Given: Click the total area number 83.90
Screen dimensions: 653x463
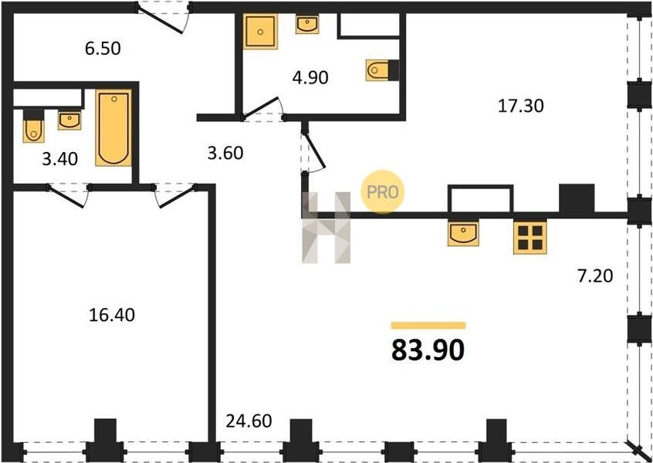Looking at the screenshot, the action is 428,350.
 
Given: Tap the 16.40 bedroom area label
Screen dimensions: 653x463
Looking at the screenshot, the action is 112,315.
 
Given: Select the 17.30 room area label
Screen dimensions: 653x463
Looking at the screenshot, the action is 520,106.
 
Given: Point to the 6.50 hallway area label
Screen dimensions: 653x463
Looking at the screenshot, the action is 103,49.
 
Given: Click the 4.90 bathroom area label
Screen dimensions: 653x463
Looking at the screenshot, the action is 310,77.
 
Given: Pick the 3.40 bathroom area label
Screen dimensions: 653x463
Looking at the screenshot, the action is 60,159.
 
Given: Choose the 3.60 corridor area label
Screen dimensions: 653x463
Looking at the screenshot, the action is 225,154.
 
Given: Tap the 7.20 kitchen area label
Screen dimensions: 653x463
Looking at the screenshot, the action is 594,276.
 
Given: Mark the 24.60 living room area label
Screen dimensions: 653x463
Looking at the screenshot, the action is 249,421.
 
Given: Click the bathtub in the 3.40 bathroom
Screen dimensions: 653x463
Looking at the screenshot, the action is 113,128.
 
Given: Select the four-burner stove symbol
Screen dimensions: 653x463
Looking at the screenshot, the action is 530,238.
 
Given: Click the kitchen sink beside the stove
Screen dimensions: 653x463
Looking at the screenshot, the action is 463,233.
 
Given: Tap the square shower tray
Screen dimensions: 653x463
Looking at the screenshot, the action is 260,32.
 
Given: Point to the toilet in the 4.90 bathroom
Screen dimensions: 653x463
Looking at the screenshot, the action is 382,70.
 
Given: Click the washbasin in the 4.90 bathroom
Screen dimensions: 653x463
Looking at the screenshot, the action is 307,24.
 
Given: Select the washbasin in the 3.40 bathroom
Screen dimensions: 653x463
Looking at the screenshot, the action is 69,120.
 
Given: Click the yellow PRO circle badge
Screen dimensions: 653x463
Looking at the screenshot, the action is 382,192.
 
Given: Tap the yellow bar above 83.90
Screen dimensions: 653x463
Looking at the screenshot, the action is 428,326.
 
